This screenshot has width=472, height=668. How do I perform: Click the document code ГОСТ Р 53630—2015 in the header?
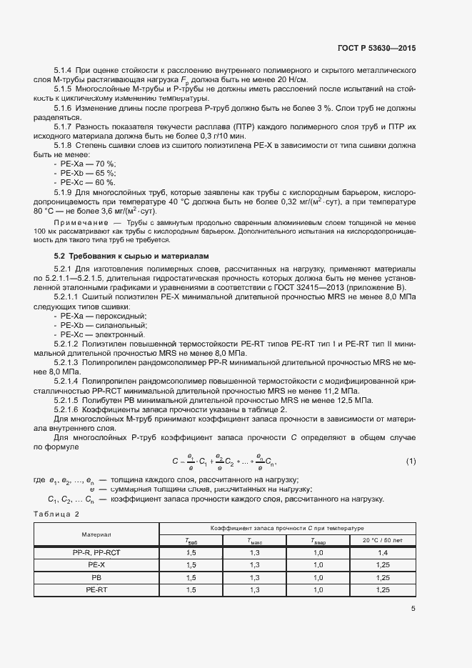pos(376,48)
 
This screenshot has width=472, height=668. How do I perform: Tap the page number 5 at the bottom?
pos(413,609)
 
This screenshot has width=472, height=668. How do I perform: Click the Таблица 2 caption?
pos(57,514)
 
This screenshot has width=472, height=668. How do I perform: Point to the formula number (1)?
pos(411,462)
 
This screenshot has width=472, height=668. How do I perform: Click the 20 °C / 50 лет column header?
pos(382,541)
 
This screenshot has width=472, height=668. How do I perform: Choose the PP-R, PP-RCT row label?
pos(96,553)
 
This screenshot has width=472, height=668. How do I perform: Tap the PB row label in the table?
pos(96,577)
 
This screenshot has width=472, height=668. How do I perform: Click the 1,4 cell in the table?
pos(382,553)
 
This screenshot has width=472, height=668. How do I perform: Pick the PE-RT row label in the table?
pos(96,589)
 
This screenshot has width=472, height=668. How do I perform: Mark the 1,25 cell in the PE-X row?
pos(382,565)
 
